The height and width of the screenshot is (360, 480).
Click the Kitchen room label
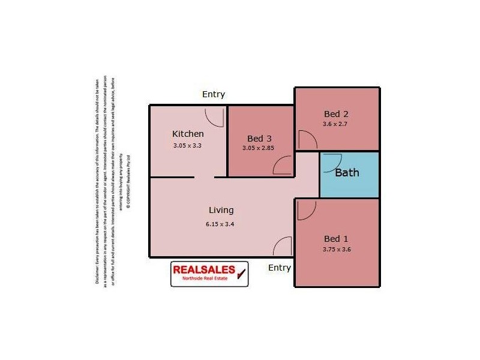coord(188,134)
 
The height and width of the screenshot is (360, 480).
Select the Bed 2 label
coord(336,114)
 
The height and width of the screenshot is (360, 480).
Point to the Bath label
coord(347,173)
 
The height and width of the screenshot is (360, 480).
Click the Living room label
coord(221,211)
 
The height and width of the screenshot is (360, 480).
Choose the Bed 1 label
coord(336,238)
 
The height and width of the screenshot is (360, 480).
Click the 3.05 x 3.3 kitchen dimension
coord(188,145)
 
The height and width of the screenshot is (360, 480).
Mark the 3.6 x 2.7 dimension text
coord(335,124)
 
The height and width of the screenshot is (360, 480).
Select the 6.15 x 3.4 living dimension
coord(221,224)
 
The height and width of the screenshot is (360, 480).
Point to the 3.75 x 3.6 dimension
coord(336,249)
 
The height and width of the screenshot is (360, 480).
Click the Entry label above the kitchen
coord(214,94)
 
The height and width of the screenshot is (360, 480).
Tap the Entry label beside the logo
coord(280,268)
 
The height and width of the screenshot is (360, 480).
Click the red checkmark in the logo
coord(241,274)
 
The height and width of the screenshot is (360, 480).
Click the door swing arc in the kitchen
coord(214,116)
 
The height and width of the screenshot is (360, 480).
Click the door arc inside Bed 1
coord(306,209)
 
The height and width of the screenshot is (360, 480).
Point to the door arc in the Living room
coord(282,247)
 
